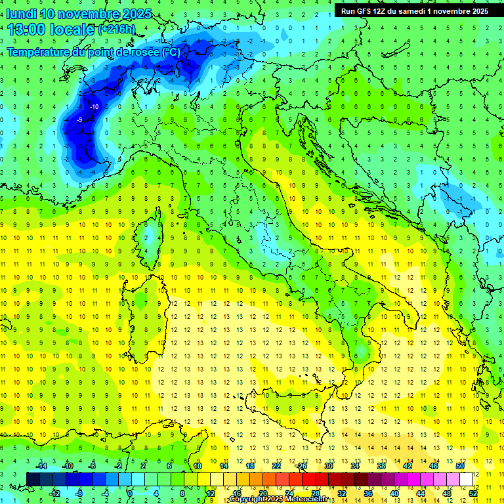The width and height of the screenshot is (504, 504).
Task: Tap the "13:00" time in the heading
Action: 27,30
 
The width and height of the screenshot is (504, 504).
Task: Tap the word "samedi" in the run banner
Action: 419,11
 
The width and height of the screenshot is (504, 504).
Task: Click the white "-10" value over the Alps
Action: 94,106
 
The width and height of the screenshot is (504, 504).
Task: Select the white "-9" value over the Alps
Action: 79,120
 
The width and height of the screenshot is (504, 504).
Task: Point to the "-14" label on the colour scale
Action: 41,466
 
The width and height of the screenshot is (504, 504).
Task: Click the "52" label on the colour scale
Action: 473,493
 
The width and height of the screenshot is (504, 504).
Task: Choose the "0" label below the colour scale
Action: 130,493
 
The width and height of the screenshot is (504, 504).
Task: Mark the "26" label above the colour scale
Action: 303,466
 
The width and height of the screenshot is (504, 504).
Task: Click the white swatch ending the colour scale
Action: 466,479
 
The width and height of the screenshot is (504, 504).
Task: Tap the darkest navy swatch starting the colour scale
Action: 33,479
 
